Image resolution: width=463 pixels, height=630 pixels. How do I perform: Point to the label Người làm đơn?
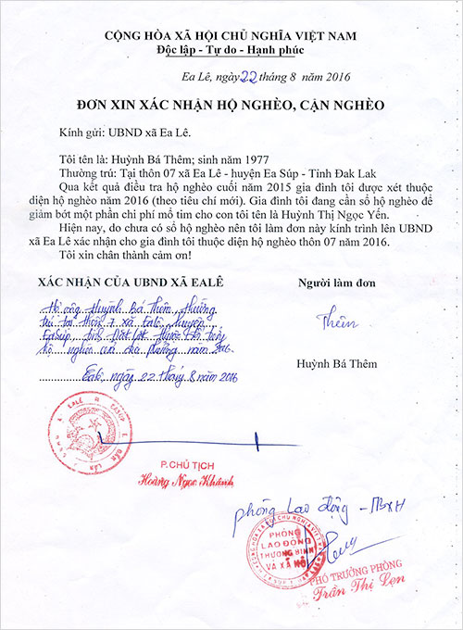333,282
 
